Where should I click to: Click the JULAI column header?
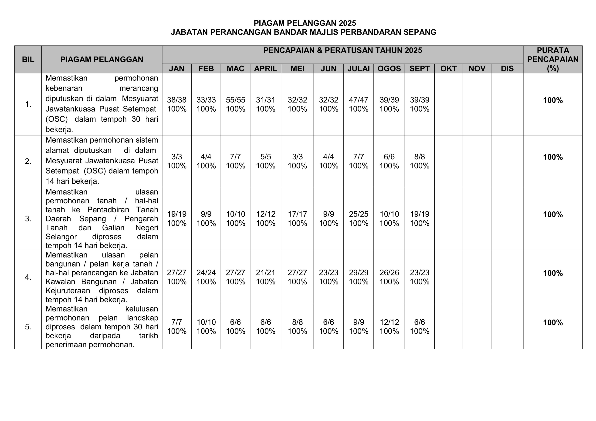point(359,68)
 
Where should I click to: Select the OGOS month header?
point(389,68)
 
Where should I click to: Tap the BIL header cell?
point(28,59)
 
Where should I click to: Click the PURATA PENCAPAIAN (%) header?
point(553,59)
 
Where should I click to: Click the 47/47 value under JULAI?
point(359,100)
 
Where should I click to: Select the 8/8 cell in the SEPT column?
point(420,157)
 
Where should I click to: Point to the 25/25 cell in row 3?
point(359,214)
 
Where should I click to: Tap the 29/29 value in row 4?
point(359,272)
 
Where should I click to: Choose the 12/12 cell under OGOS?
point(389,322)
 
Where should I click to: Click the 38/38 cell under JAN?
point(176,100)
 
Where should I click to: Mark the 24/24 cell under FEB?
point(206,272)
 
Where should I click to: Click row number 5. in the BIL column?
point(28,327)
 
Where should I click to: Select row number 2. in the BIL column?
point(28,161)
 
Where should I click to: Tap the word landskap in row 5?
point(142,318)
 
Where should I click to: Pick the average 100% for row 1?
point(553,100)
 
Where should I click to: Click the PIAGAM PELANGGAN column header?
point(102,59)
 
